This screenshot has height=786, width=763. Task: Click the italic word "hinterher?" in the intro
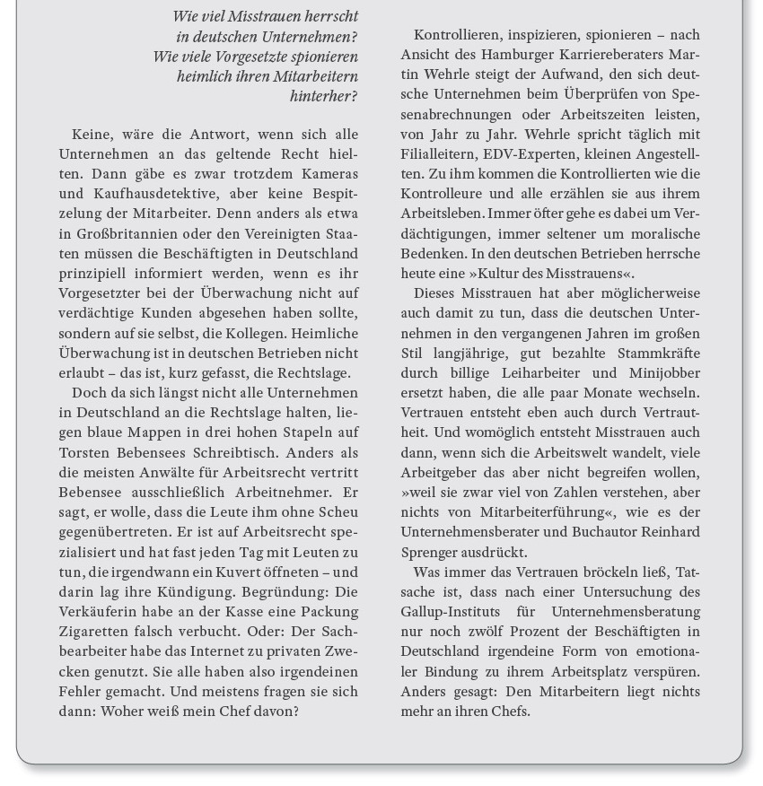pyautogui.click(x=323, y=96)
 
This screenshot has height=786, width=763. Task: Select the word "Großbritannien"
pyautogui.click(x=127, y=233)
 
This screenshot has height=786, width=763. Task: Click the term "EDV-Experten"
pyautogui.click(x=525, y=154)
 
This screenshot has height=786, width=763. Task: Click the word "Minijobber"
pyautogui.click(x=664, y=373)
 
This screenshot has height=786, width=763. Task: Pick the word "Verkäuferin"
pyautogui.click(x=99, y=611)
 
